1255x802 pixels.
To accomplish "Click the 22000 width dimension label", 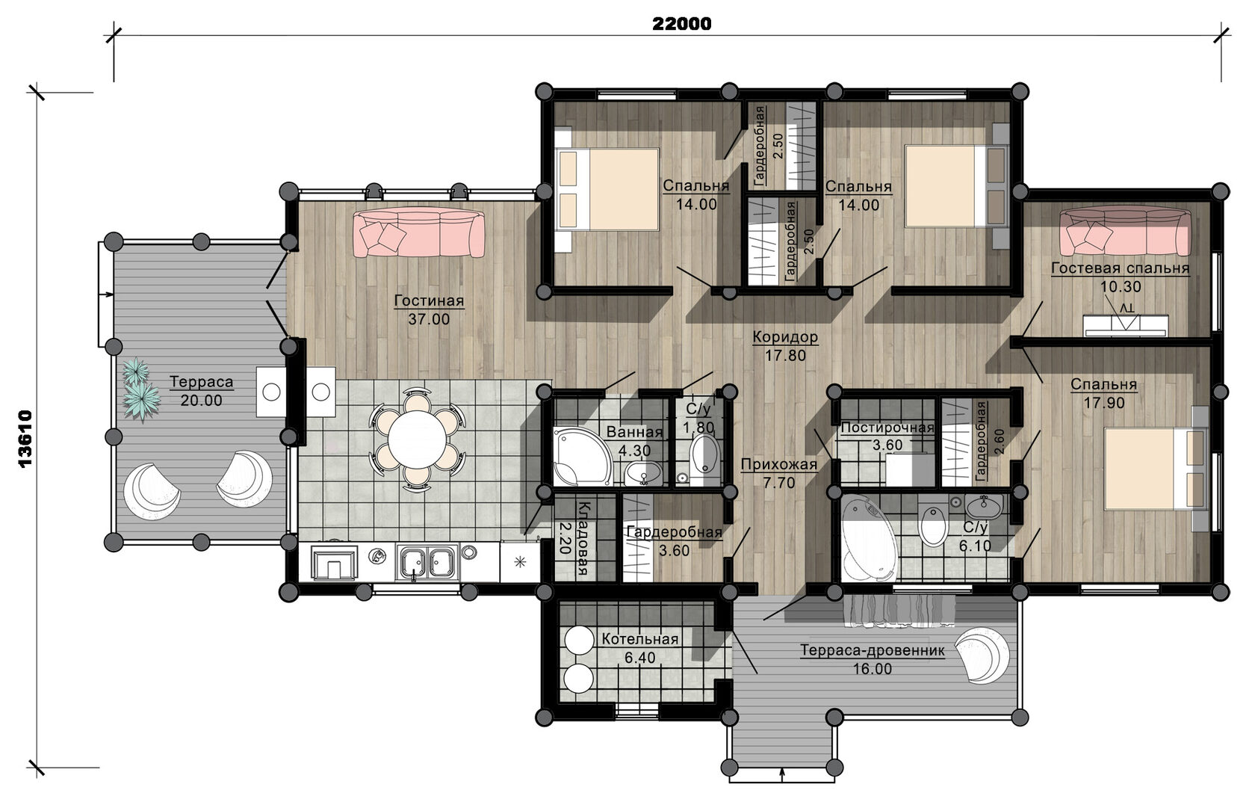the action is coord(682,23).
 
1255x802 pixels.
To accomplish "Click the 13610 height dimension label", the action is coord(25,439).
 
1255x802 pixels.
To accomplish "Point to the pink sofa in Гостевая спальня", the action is coord(1125,232).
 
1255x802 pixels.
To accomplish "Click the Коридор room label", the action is coord(785,337).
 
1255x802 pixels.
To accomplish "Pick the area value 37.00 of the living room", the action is coord(429,319).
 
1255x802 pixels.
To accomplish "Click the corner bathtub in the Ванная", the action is coord(581,457).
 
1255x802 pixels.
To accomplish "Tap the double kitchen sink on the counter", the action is coord(427,562).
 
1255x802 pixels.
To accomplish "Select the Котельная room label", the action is coord(639,639).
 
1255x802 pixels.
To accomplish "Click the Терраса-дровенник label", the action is coord(873,650).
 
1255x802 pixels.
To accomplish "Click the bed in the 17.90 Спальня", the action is coord(1154,469).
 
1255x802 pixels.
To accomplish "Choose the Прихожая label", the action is coord(778,464).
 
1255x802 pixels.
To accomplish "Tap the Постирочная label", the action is coord(887,428).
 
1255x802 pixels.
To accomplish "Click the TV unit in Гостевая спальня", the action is coord(1126,326).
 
